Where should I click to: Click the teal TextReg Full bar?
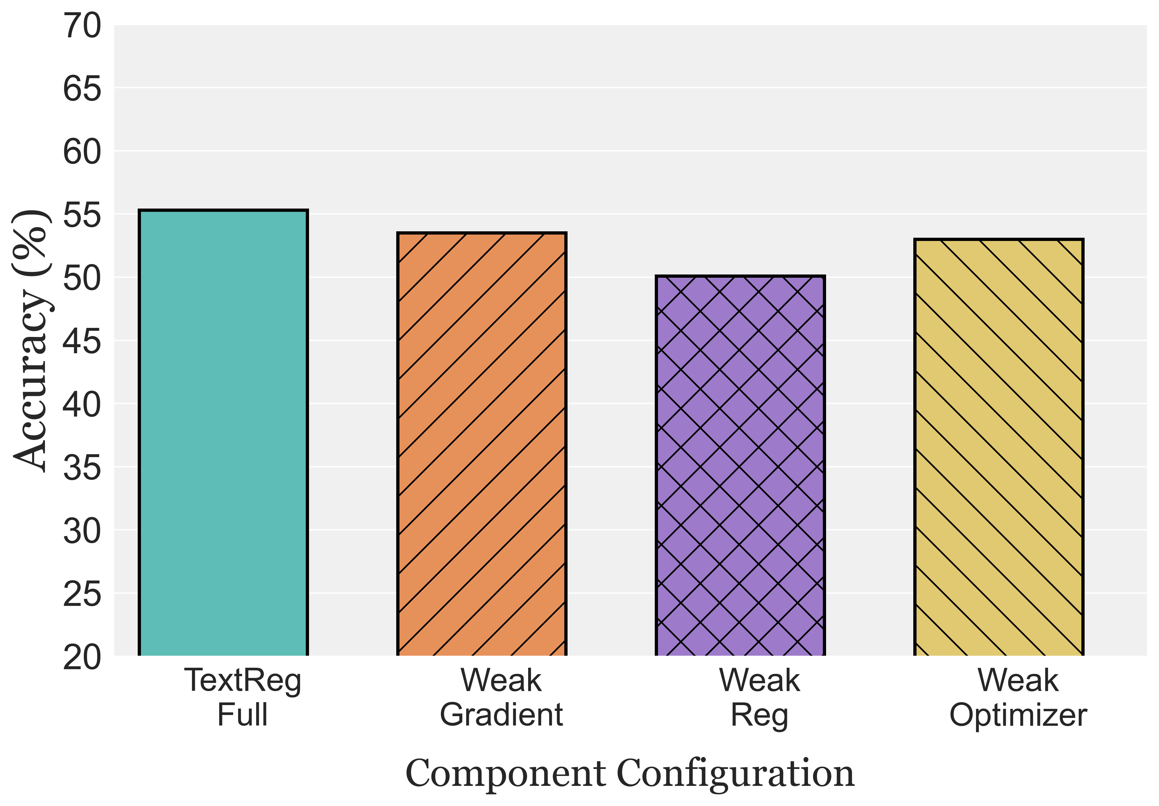(x=223, y=433)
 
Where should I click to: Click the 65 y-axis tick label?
(x=82, y=89)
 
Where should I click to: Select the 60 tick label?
(x=82, y=152)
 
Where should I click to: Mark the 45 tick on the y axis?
(x=82, y=342)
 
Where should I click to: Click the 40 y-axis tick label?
(x=82, y=405)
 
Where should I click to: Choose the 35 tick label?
(x=82, y=468)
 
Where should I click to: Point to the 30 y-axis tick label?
(x=82, y=531)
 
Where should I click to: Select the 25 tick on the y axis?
(x=82, y=594)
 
